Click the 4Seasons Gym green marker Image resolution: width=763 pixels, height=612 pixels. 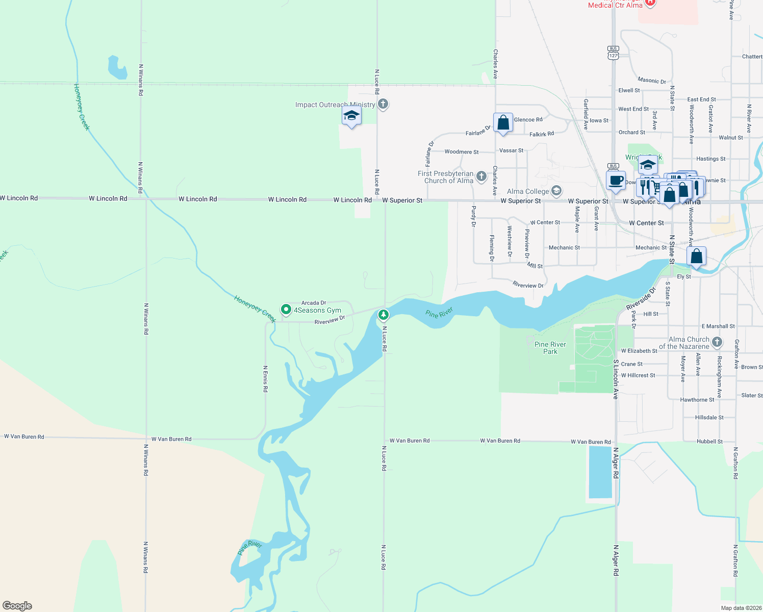286,309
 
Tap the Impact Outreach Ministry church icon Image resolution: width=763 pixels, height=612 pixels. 383,104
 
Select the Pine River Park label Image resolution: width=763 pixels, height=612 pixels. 550,348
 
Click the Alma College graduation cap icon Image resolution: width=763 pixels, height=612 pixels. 556,191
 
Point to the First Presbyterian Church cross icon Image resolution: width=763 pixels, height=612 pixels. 481,176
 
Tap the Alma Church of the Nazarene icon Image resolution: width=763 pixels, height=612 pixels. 717,342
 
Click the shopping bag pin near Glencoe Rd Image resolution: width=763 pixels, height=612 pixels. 503,123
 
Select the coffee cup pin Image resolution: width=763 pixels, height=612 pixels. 616,181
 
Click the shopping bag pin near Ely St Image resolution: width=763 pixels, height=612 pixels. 696,257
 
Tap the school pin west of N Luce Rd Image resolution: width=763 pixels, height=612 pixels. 351,116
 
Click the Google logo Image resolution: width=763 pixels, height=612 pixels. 17,606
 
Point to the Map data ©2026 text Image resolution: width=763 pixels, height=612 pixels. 741,608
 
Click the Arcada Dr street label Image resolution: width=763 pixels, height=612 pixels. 314,303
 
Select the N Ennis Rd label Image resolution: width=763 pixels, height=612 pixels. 265,378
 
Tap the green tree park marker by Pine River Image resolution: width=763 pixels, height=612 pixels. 383,315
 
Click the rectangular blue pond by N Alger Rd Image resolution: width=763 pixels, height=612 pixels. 600,472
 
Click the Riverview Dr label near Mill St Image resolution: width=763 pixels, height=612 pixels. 528,285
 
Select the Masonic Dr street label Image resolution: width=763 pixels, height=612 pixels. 651,81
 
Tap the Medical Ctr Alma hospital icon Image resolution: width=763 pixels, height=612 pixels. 650,3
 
